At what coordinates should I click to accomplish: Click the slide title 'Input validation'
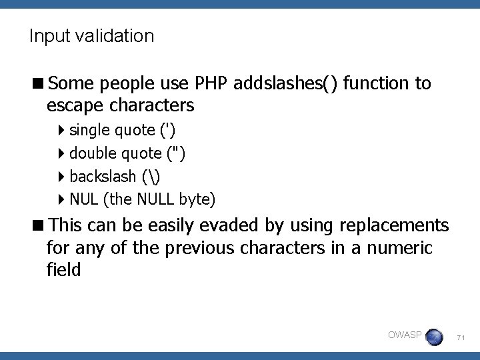(x=91, y=36)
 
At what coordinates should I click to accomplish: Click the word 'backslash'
(x=102, y=177)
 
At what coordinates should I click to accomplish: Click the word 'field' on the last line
(x=63, y=269)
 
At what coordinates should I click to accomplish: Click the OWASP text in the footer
(x=404, y=335)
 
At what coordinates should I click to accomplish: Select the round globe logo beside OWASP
(x=434, y=337)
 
